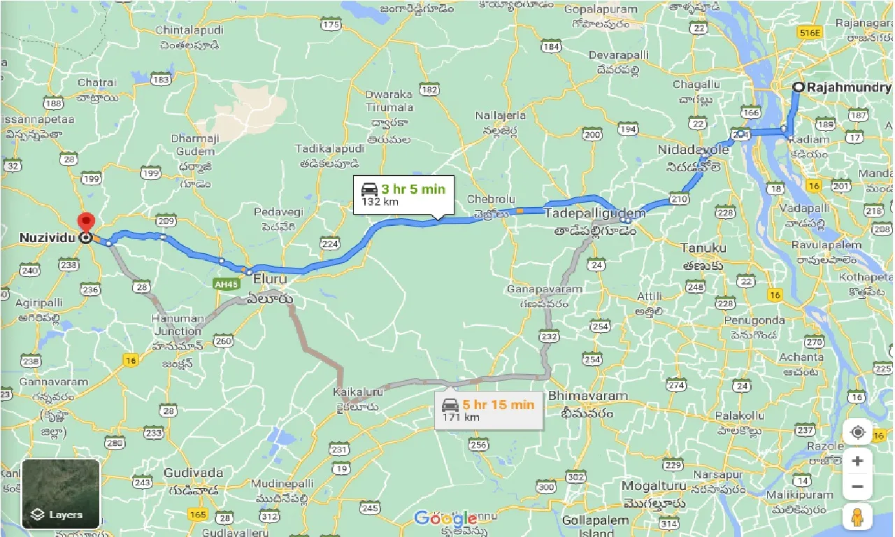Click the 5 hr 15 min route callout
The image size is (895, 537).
coord(489,410)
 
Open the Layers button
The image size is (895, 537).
coord(61,494)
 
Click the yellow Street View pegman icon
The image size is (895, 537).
coord(857,517)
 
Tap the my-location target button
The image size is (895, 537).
coord(857,433)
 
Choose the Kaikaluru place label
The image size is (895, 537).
coord(359,393)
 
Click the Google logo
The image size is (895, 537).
coord(445,518)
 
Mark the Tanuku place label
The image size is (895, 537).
coord(704,248)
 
